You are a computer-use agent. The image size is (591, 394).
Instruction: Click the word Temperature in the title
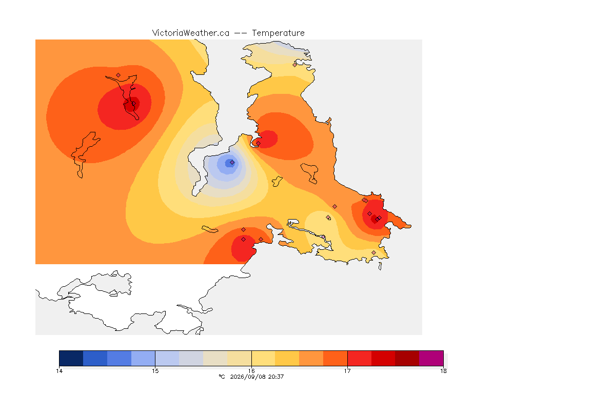278,33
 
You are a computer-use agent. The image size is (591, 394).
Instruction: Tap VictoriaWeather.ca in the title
191,33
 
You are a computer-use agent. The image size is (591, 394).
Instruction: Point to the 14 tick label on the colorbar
59,371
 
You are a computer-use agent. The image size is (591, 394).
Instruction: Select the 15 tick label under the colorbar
155,371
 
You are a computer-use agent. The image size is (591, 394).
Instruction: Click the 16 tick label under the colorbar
251,371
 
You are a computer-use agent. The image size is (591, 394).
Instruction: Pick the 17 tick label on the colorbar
347,371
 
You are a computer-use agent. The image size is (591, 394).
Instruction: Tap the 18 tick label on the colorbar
443,371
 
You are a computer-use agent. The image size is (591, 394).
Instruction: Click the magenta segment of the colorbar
431,358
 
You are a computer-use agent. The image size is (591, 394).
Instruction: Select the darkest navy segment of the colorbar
71,358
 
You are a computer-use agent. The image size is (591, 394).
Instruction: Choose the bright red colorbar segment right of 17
359,358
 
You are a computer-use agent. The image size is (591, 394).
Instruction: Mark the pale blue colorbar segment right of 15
167,358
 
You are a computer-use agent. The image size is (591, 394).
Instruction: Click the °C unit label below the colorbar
222,377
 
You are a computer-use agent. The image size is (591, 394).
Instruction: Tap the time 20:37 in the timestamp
276,377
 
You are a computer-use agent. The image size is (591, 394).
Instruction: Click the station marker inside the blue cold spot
232,163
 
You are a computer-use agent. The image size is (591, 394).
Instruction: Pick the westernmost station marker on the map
119,75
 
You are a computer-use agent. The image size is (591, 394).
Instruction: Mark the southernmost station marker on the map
373,252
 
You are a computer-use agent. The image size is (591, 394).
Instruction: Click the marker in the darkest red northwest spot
133,103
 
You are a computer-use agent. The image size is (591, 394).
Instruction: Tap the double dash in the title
241,33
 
